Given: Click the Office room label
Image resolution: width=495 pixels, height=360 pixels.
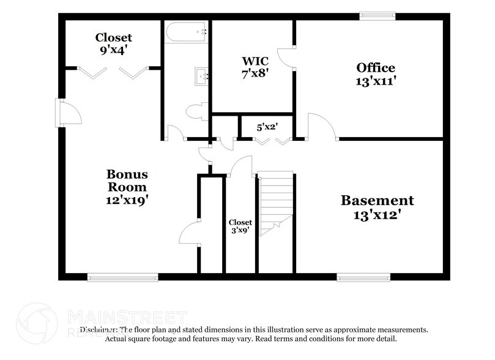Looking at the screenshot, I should tap(376, 73).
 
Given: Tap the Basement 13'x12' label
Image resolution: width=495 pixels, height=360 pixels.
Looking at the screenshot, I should tap(377, 207).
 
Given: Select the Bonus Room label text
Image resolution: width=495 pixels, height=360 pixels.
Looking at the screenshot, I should tap(127, 187).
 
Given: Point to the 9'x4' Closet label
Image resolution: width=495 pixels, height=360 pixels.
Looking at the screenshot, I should tap(113, 43).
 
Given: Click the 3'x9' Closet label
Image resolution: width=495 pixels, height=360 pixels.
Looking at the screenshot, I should tap(240, 227).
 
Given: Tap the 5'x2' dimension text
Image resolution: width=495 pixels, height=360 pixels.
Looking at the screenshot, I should tap(267, 127).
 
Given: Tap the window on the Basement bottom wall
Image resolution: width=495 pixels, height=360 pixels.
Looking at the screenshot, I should tap(363, 277).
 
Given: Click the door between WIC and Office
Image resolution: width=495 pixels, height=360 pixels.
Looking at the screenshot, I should tap(286, 56).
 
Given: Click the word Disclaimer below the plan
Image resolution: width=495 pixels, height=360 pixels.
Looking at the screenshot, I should tap(100, 329).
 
